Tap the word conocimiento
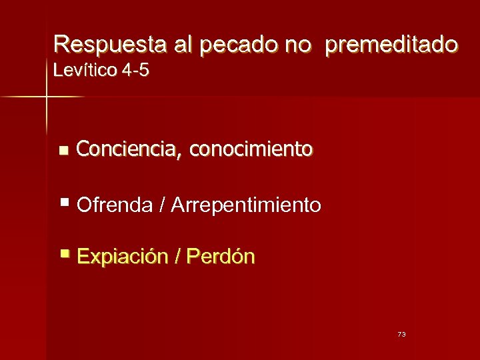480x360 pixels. point(250,150)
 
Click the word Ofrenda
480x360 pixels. point(115,205)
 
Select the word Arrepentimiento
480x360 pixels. point(246,205)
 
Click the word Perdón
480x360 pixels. point(221,256)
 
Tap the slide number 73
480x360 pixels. point(401,334)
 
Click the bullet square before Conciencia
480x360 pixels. point(63,151)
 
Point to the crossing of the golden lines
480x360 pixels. point(47,97)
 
